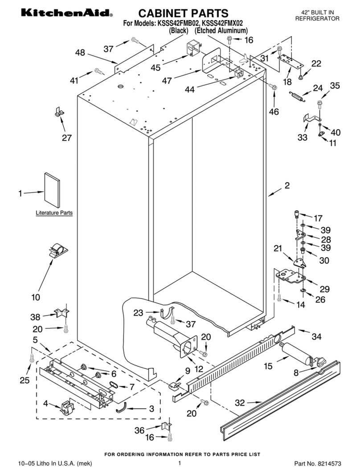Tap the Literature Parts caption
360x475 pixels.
pyautogui.click(x=54, y=213)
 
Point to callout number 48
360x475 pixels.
pyautogui.click(x=80, y=53)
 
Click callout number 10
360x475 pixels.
pyautogui.click(x=36, y=297)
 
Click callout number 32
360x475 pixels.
pyautogui.click(x=240, y=403)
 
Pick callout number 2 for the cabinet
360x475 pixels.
pyautogui.click(x=287, y=186)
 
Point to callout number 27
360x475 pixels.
pyautogui.click(x=66, y=138)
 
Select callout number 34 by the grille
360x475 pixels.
pyautogui.click(x=315, y=336)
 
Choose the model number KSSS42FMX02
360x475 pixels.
pyautogui.click(x=223, y=24)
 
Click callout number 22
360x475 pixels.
pyautogui.click(x=316, y=64)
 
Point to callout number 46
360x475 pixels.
pyautogui.click(x=274, y=112)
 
